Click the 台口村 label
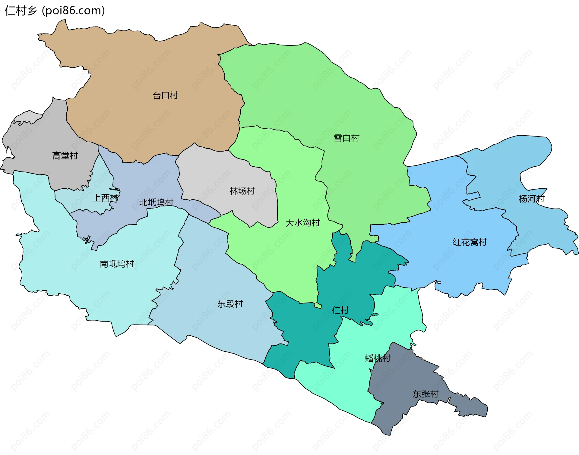[165, 96]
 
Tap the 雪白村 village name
[346, 138]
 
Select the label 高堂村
[65, 156]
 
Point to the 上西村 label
[105, 198]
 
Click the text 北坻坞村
[156, 202]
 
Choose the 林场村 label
[242, 191]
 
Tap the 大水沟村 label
[302, 223]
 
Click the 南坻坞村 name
[117, 264]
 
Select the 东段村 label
[230, 304]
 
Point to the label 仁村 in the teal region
[340, 310]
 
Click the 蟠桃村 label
[378, 358]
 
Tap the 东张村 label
[425, 394]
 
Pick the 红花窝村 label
[470, 242]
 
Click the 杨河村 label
[531, 199]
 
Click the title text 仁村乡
[21, 11]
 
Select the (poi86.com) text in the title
[73, 11]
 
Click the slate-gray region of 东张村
[401, 404]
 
